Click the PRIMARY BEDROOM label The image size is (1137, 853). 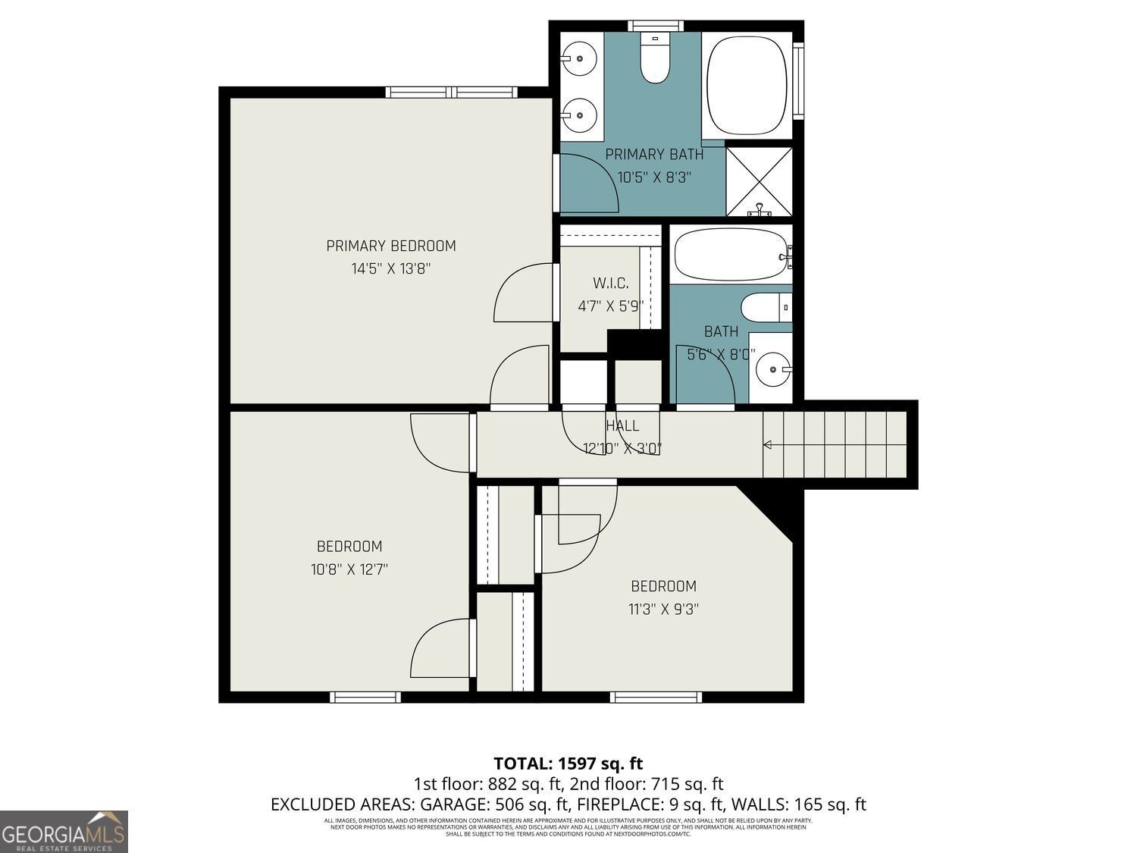tap(391, 246)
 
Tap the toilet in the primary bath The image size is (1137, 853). tap(655, 58)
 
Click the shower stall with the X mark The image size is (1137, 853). tap(759, 181)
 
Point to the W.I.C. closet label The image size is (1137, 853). tap(610, 284)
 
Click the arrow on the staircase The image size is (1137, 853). tap(769, 445)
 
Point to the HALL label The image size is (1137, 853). tap(622, 426)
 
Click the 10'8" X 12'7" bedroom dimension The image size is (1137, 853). tap(349, 569)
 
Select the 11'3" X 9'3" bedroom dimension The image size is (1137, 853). tap(664, 609)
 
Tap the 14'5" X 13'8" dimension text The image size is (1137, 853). tap(391, 268)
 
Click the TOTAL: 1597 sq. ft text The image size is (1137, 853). tap(568, 763)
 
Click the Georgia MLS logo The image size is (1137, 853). tap(64, 832)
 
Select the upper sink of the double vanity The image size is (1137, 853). tap(581, 55)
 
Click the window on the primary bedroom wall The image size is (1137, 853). tap(452, 93)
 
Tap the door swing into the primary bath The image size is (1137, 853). tap(590, 182)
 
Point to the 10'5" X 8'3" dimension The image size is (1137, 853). tap(655, 177)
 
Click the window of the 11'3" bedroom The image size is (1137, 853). tap(656, 697)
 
